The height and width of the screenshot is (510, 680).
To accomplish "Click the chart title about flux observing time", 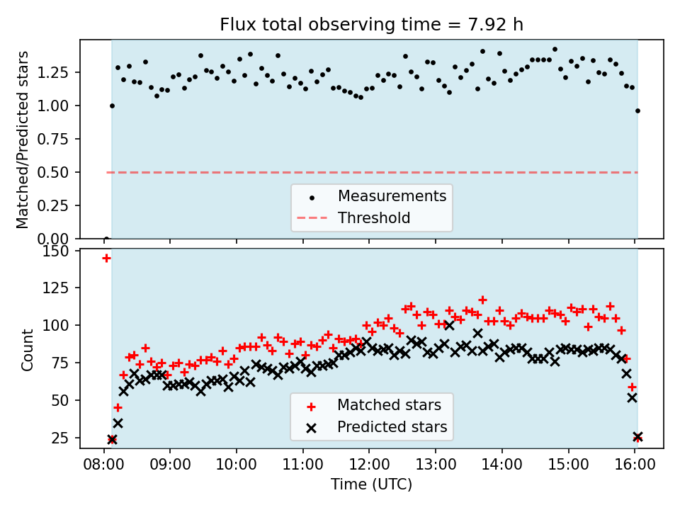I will point(371,25).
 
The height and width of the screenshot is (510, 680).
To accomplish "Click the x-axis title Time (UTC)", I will point(371,484).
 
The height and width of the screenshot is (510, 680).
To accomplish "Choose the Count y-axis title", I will point(28,350).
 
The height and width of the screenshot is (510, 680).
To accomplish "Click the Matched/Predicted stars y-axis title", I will point(23,140).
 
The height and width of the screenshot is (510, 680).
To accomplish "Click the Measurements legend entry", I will point(392,195).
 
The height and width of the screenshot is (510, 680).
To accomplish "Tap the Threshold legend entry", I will point(374,217).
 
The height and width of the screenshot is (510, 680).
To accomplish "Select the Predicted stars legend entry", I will point(392,427).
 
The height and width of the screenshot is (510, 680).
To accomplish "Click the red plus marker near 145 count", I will point(106,259).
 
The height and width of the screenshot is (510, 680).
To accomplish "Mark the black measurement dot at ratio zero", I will point(106,238).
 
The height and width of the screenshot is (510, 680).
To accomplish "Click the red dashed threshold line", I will point(212,172).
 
